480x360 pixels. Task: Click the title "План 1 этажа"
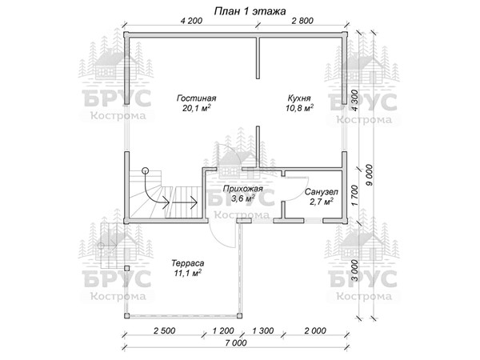point(250,11)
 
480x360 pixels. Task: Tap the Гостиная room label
point(196,98)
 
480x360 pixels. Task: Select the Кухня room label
point(299,98)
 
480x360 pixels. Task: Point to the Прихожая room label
point(242,189)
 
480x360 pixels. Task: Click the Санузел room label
point(322,192)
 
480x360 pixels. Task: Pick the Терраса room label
point(188,263)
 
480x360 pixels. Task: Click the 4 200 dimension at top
point(191,21)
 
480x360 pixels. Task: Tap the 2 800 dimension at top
point(302,21)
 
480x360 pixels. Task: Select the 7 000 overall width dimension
point(236,343)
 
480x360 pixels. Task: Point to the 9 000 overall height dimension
point(369,175)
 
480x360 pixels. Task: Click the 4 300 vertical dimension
point(354,101)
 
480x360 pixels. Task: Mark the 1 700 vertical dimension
point(354,195)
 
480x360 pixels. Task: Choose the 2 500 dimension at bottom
point(165,330)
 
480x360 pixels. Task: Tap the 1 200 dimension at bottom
point(223,330)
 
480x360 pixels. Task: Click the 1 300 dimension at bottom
point(262,330)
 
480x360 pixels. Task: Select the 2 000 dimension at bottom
point(315,330)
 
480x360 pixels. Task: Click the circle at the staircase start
point(145,170)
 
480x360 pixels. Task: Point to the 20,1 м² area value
point(196,108)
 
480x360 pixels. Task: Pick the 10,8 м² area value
point(299,108)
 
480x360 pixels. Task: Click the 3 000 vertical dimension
point(354,270)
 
